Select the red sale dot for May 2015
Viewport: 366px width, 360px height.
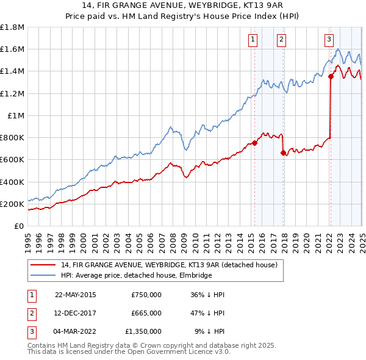coord(254,143)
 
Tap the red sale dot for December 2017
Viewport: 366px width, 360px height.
coord(283,153)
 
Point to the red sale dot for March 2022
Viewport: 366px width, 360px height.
coord(331,76)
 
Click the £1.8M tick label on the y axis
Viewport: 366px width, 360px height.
coord(12,27)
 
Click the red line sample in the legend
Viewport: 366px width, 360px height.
coord(43,265)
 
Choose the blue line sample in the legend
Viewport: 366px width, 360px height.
coord(43,275)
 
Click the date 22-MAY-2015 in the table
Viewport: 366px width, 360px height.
coord(75,295)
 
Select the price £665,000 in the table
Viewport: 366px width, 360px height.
coord(146,313)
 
